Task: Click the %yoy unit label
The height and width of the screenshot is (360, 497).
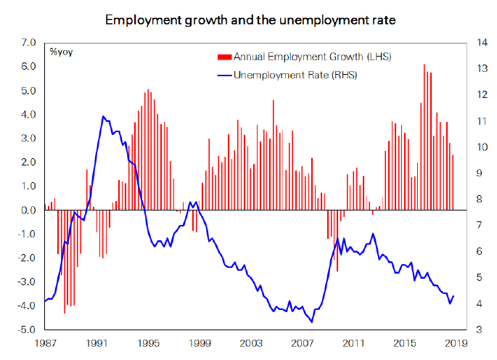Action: (x=61, y=52)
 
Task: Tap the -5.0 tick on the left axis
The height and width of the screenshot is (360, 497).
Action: (x=28, y=330)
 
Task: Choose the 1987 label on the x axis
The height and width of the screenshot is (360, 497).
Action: (x=45, y=343)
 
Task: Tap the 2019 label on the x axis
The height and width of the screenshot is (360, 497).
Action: (x=456, y=343)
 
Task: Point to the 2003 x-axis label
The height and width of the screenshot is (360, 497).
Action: (x=250, y=343)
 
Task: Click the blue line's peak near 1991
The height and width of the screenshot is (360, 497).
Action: (x=102, y=116)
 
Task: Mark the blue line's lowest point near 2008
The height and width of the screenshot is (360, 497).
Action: (x=312, y=322)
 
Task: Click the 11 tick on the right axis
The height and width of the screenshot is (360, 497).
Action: (x=479, y=121)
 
